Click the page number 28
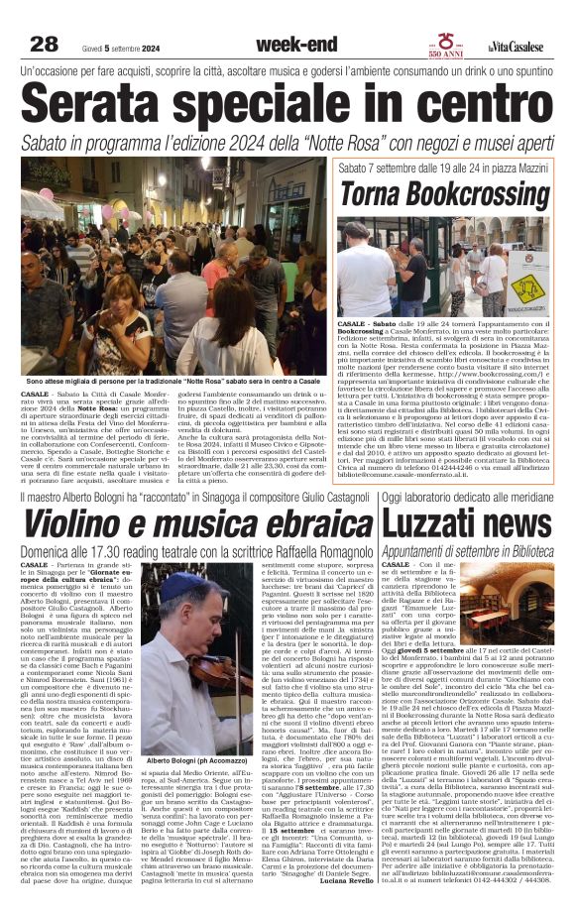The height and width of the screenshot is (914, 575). tap(44, 44)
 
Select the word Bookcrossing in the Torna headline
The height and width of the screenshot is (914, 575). tap(470, 192)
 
